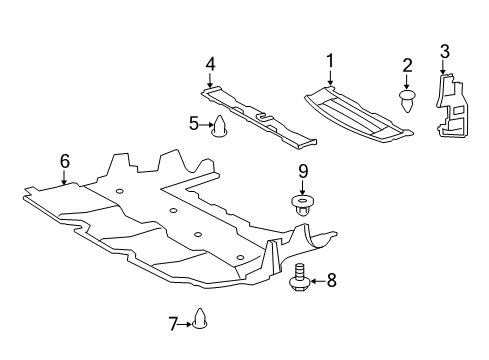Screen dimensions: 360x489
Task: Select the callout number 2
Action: click(x=408, y=66)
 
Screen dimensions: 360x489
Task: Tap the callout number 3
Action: click(x=445, y=51)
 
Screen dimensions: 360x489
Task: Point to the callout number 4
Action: click(x=210, y=65)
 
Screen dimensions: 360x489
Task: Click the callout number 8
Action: click(x=332, y=281)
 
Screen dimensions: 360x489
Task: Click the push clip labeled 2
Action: click(x=408, y=99)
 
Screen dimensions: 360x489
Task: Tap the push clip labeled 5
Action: click(x=221, y=125)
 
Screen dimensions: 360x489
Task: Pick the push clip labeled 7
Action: click(x=199, y=321)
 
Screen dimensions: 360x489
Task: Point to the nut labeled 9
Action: click(x=302, y=206)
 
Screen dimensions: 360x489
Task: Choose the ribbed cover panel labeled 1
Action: click(x=355, y=112)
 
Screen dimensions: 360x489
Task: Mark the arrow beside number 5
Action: click(x=206, y=124)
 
